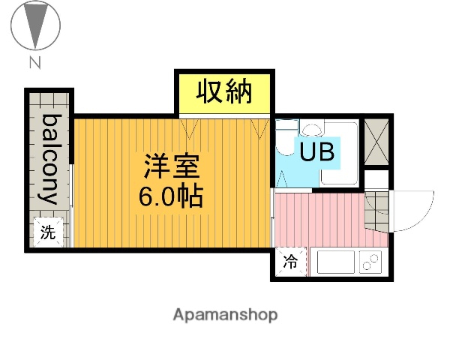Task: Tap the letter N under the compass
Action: click(x=34, y=63)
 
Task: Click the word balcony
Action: click(x=50, y=160)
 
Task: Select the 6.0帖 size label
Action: click(x=169, y=197)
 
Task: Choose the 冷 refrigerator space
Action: click(x=289, y=262)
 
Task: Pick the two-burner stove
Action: click(x=370, y=262)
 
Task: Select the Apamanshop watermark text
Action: click(x=225, y=315)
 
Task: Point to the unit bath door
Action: click(x=282, y=180)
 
